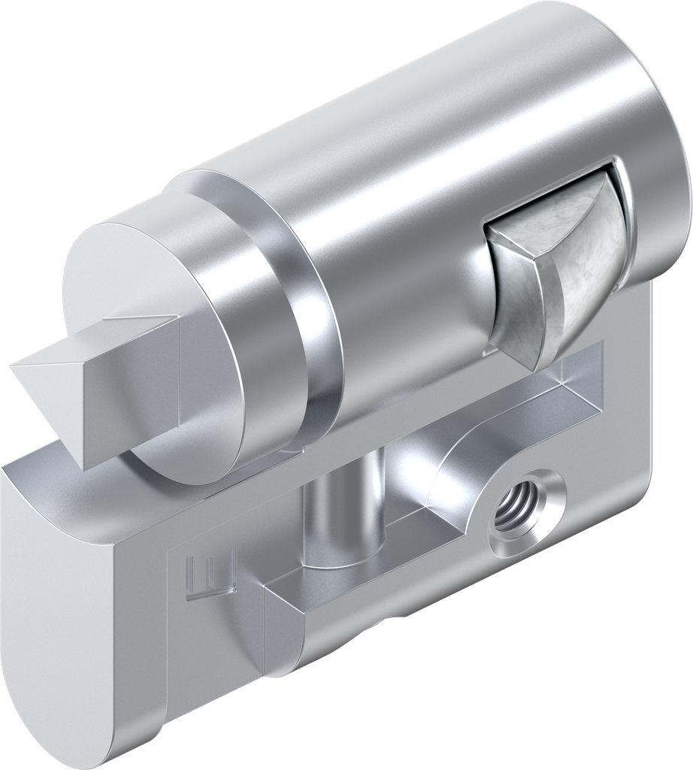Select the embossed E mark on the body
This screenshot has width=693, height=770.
point(210,575)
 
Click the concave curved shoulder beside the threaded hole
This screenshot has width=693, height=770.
point(458,474)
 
